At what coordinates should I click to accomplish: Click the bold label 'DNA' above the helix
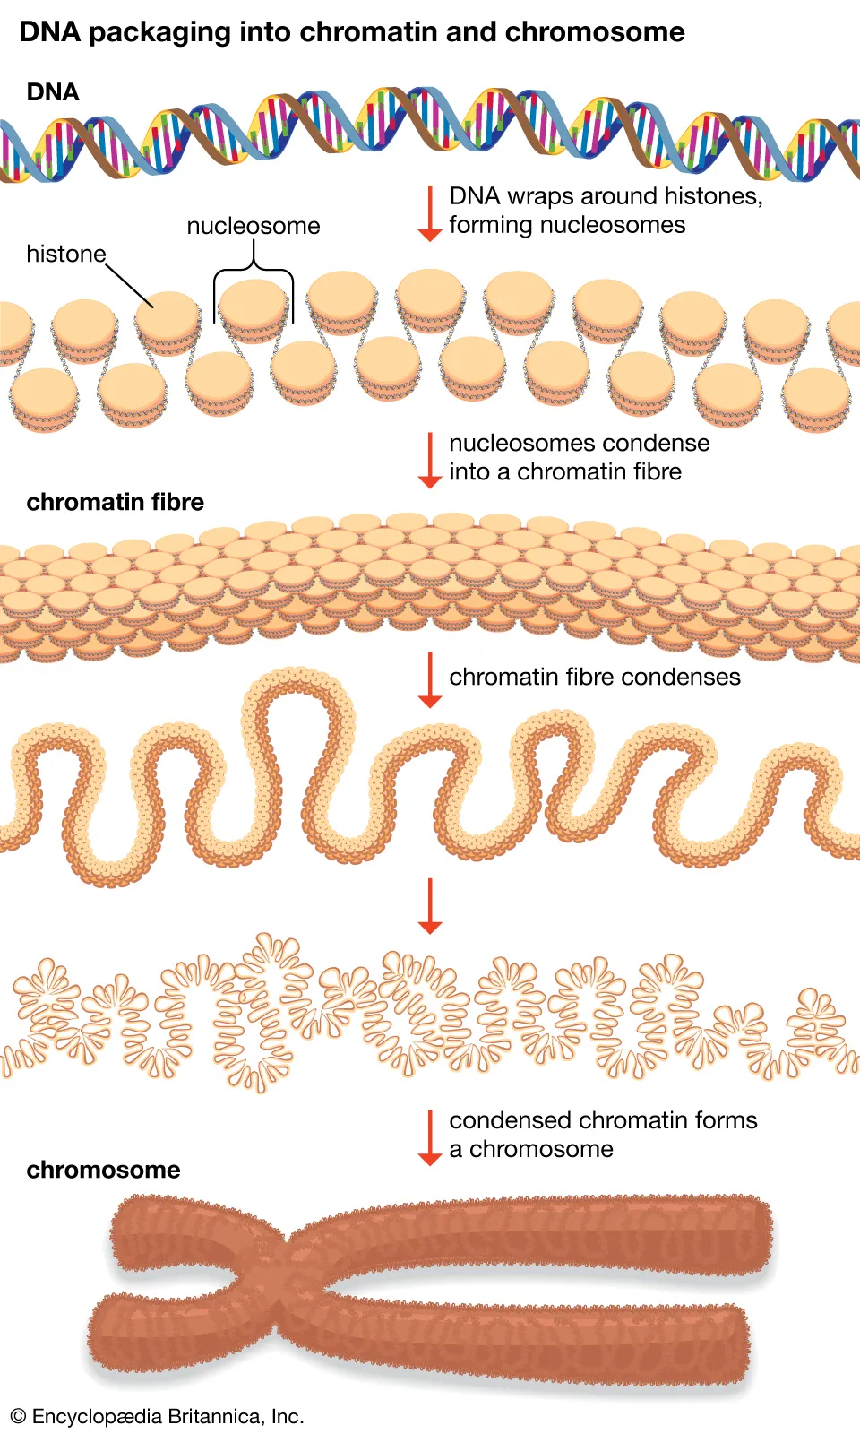click(53, 92)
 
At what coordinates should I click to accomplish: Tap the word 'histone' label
click(65, 255)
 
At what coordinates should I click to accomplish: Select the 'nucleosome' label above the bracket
click(254, 226)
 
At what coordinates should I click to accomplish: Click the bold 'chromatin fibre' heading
click(116, 502)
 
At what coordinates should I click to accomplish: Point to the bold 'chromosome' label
click(103, 1170)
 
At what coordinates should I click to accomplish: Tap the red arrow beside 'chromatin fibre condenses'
click(430, 680)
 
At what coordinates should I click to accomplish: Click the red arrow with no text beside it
click(430, 906)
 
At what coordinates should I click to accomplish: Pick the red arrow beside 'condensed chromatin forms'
click(430, 1137)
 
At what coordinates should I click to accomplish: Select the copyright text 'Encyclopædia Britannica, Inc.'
click(168, 1417)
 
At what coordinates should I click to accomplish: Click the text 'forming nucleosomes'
click(567, 225)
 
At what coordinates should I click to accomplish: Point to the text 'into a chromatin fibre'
click(565, 472)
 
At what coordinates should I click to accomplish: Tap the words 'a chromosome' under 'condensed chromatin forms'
click(531, 1149)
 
